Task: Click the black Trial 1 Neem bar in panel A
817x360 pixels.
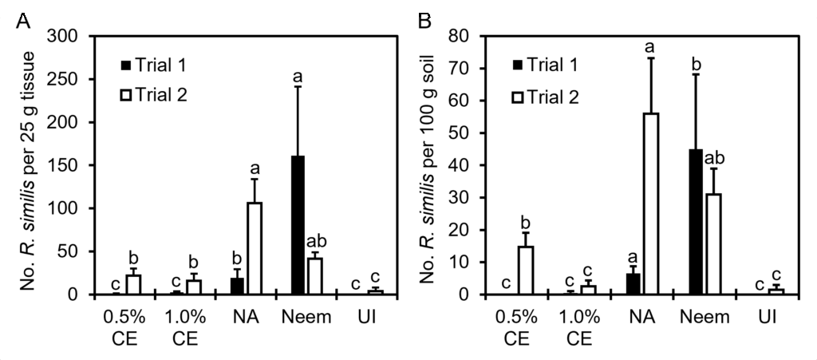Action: pyautogui.click(x=298, y=225)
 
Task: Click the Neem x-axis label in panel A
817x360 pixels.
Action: pyautogui.click(x=307, y=317)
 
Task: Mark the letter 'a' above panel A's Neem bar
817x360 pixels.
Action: pyautogui.click(x=298, y=77)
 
